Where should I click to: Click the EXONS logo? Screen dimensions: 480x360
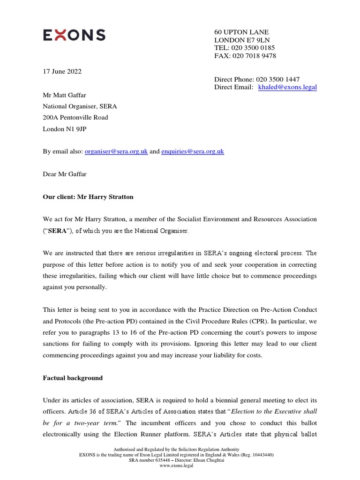(74, 35)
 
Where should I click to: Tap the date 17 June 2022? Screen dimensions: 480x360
(62, 71)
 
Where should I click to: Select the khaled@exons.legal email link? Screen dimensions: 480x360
(287, 87)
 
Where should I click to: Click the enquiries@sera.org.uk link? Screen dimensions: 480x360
(193, 151)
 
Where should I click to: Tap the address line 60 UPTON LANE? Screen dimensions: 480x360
(241, 32)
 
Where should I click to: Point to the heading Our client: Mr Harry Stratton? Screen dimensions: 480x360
(88, 197)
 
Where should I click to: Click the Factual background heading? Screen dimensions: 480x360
(73, 378)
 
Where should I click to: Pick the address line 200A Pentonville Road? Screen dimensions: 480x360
(75, 118)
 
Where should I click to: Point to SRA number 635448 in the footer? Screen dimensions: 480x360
(149, 460)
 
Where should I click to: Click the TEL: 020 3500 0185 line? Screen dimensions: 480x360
(244, 48)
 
